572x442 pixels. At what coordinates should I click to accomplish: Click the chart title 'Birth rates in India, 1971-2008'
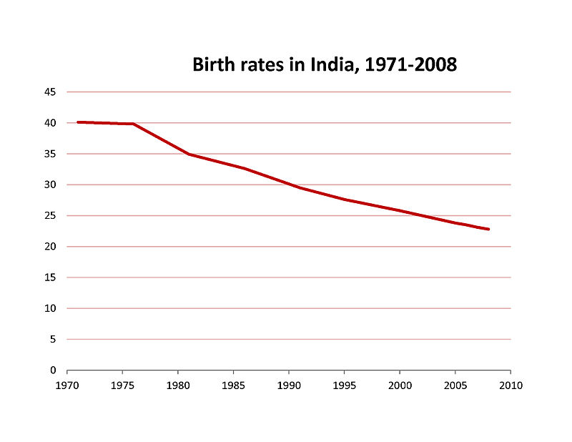pyautogui.click(x=325, y=65)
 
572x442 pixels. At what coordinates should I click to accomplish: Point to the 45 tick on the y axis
pyautogui.click(x=50, y=92)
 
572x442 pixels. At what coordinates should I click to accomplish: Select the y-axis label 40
pyautogui.click(x=50, y=123)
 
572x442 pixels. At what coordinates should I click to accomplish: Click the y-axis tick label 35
pyautogui.click(x=50, y=154)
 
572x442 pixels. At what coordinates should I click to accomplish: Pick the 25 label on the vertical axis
pyautogui.click(x=50, y=215)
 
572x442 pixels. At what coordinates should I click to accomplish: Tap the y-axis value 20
pyautogui.click(x=50, y=247)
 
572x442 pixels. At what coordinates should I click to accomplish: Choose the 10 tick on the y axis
pyautogui.click(x=50, y=308)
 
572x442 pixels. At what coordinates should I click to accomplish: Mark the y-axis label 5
pyautogui.click(x=53, y=339)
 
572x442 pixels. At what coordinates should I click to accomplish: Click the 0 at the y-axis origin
pyautogui.click(x=53, y=370)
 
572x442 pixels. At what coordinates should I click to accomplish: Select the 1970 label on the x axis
pyautogui.click(x=66, y=385)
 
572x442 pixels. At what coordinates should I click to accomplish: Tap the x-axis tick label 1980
pyautogui.click(x=177, y=385)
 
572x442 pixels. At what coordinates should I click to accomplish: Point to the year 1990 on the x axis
pyautogui.click(x=288, y=385)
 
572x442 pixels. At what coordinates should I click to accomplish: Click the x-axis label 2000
pyautogui.click(x=399, y=385)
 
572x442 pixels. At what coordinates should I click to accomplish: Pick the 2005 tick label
pyautogui.click(x=455, y=385)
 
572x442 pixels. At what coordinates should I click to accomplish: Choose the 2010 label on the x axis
pyautogui.click(x=511, y=385)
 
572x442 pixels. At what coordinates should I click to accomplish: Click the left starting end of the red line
pyautogui.click(x=78, y=122)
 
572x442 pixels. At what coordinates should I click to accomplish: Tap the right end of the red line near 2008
pyautogui.click(x=488, y=229)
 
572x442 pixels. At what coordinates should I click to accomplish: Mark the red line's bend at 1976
pyautogui.click(x=134, y=124)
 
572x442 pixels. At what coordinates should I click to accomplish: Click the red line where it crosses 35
pyautogui.click(x=189, y=154)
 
